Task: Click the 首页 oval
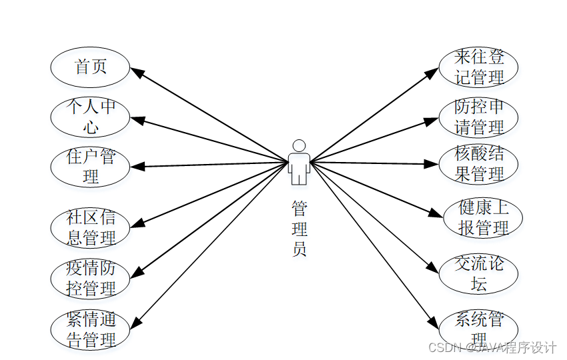click(90, 67)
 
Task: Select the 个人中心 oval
click(90, 117)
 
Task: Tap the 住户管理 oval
click(90, 167)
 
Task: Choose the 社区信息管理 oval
click(90, 227)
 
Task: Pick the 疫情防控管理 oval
click(90, 278)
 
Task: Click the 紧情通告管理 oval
click(90, 329)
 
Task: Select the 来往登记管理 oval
click(478, 67)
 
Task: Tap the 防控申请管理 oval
click(478, 117)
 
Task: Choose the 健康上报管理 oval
click(483, 217)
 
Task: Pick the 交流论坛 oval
click(478, 273)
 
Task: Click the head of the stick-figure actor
click(299, 145)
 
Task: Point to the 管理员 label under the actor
click(299, 230)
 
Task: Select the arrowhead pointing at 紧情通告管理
click(135, 323)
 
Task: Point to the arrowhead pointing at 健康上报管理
click(437, 213)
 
